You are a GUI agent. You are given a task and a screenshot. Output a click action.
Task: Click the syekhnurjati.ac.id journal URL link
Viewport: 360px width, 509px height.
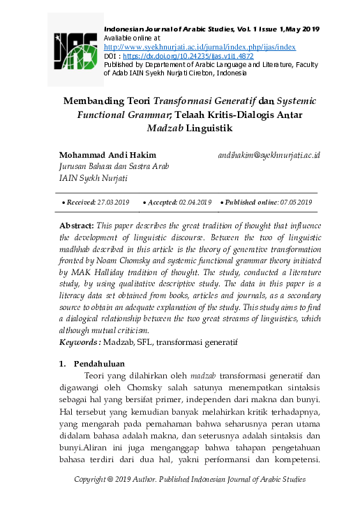point(199,46)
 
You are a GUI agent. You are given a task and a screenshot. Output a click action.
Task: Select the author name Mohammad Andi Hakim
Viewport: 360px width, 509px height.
point(107,154)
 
